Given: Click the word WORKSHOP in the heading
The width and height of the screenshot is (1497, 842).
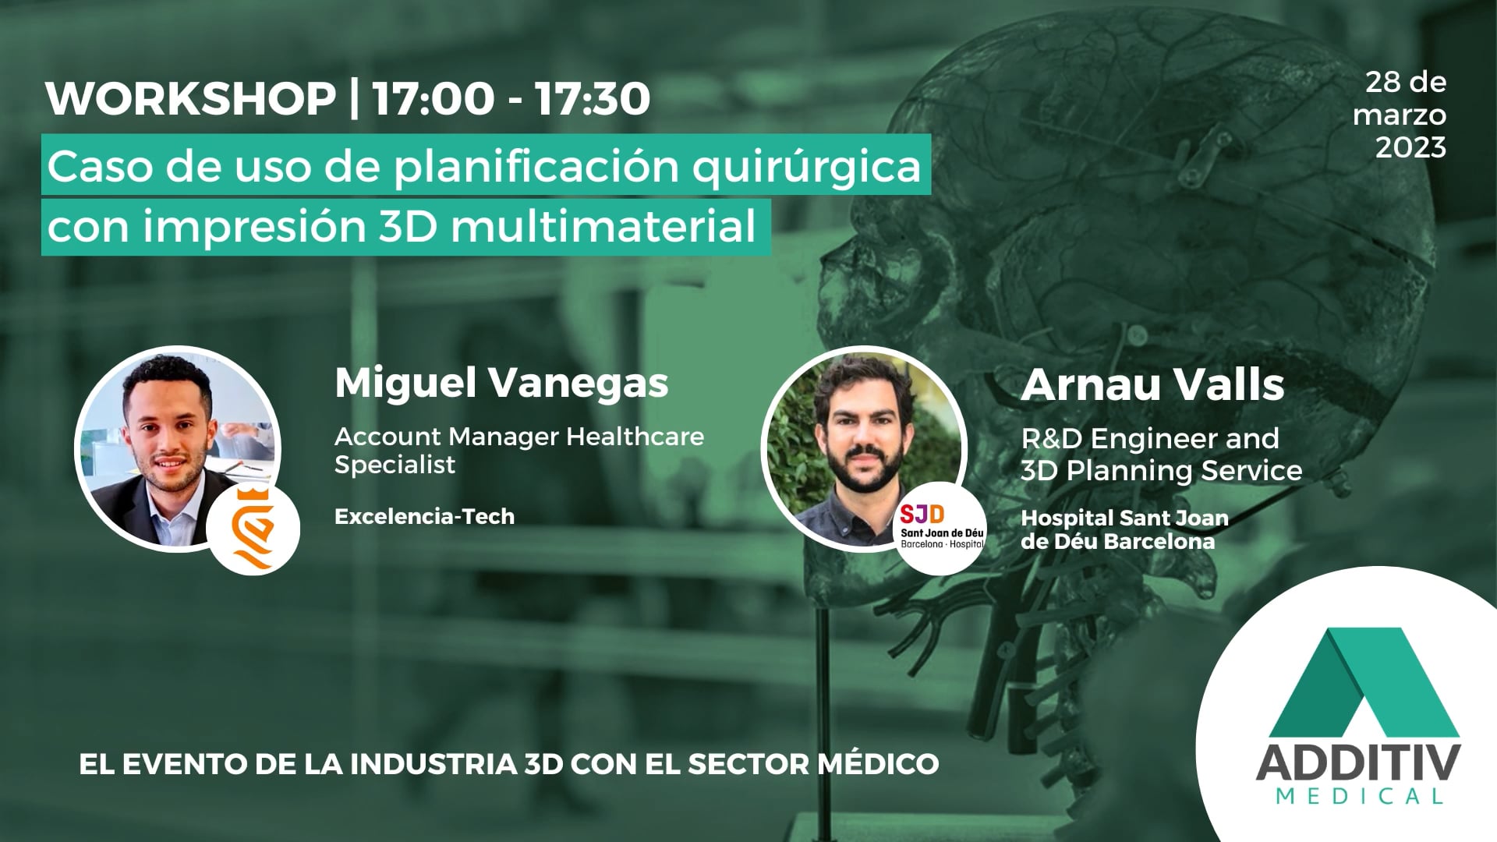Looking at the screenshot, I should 190,99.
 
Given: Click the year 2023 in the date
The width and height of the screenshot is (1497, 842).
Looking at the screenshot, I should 1410,147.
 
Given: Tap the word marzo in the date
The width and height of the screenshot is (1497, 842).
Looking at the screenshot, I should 1400,115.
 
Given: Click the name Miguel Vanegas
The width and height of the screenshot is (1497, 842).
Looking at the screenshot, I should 501,383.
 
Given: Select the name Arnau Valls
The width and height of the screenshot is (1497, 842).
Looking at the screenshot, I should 1152,384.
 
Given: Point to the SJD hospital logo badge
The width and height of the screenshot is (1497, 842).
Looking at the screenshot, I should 942,528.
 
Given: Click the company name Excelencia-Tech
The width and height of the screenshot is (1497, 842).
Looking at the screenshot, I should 424,516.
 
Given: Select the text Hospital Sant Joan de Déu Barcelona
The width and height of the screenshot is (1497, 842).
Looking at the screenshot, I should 1124,529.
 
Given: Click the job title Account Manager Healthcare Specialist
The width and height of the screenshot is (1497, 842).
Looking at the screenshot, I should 518,451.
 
